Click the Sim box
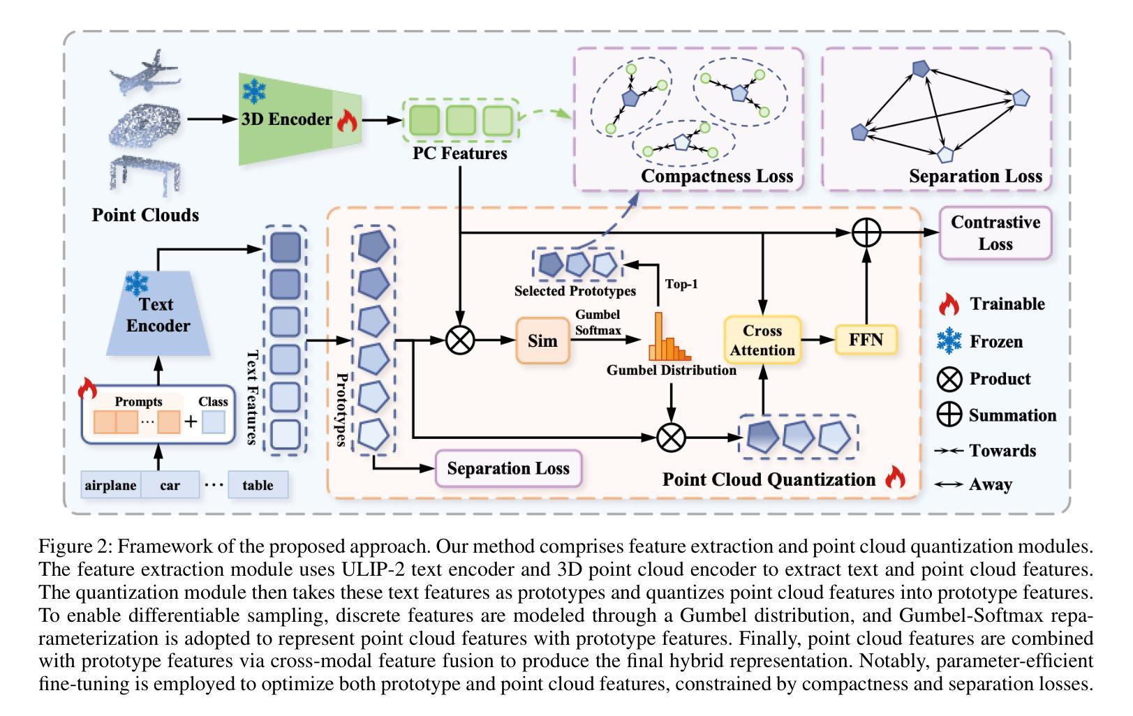click(542, 341)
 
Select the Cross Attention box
click(762, 340)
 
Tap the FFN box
click(866, 340)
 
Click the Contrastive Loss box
click(995, 233)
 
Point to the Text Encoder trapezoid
click(158, 315)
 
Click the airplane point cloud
click(145, 72)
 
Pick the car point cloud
click(145, 125)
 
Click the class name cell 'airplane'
click(110, 485)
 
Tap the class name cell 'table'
click(258, 485)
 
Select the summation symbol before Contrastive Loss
click(866, 232)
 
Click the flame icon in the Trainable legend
click(948, 304)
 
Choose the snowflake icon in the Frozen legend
click(948, 341)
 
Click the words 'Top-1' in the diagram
click(681, 284)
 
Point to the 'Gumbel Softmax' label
click(598, 322)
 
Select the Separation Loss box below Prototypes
click(508, 468)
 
